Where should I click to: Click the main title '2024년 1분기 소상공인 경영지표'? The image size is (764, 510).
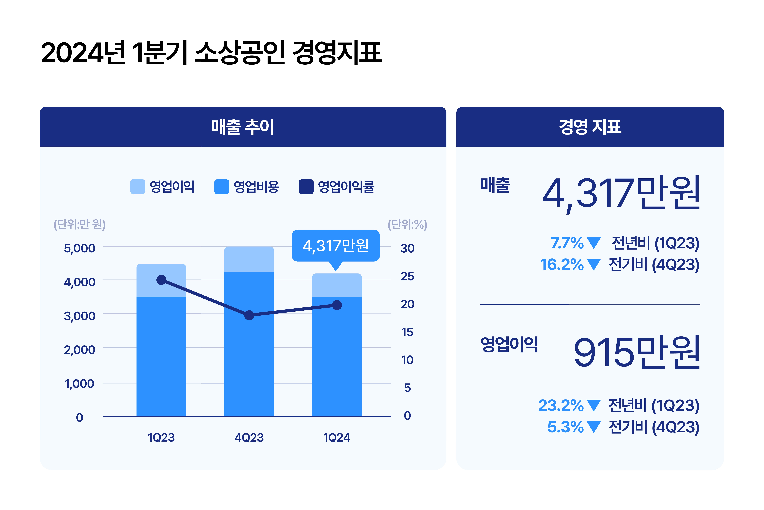coord(211,53)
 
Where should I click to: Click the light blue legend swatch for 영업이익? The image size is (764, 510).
coord(137,187)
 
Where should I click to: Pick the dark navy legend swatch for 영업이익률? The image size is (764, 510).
coord(306,187)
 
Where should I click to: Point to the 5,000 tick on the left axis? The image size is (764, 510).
coord(80,248)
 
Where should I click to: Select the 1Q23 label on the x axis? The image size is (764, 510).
coord(161,437)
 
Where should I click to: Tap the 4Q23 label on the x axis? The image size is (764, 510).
coord(249,437)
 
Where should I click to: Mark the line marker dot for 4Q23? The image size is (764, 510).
coord(249,315)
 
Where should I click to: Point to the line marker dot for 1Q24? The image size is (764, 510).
coord(337,305)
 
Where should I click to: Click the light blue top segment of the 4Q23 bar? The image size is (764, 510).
coord(249,259)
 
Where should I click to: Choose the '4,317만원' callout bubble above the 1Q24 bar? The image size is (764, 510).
coord(336,246)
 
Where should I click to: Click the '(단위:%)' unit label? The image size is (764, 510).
coord(407,224)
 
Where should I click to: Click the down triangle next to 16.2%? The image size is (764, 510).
coord(594,264)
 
